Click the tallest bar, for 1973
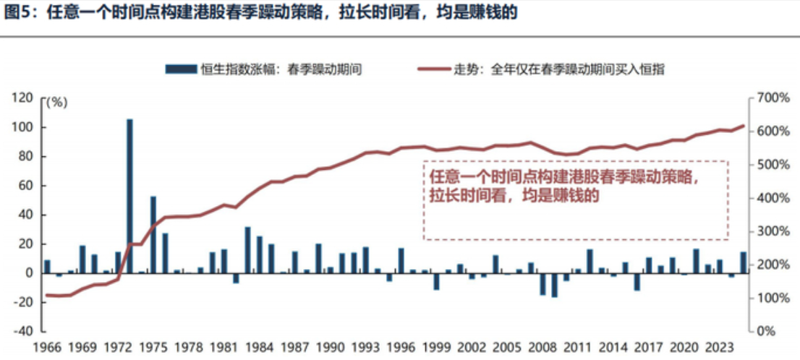(x=130, y=195)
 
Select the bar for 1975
(x=153, y=234)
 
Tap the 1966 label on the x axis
(x=48, y=346)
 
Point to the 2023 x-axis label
(x=720, y=346)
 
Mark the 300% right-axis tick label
(x=771, y=231)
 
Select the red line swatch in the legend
(x=433, y=69)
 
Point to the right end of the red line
(x=744, y=127)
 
